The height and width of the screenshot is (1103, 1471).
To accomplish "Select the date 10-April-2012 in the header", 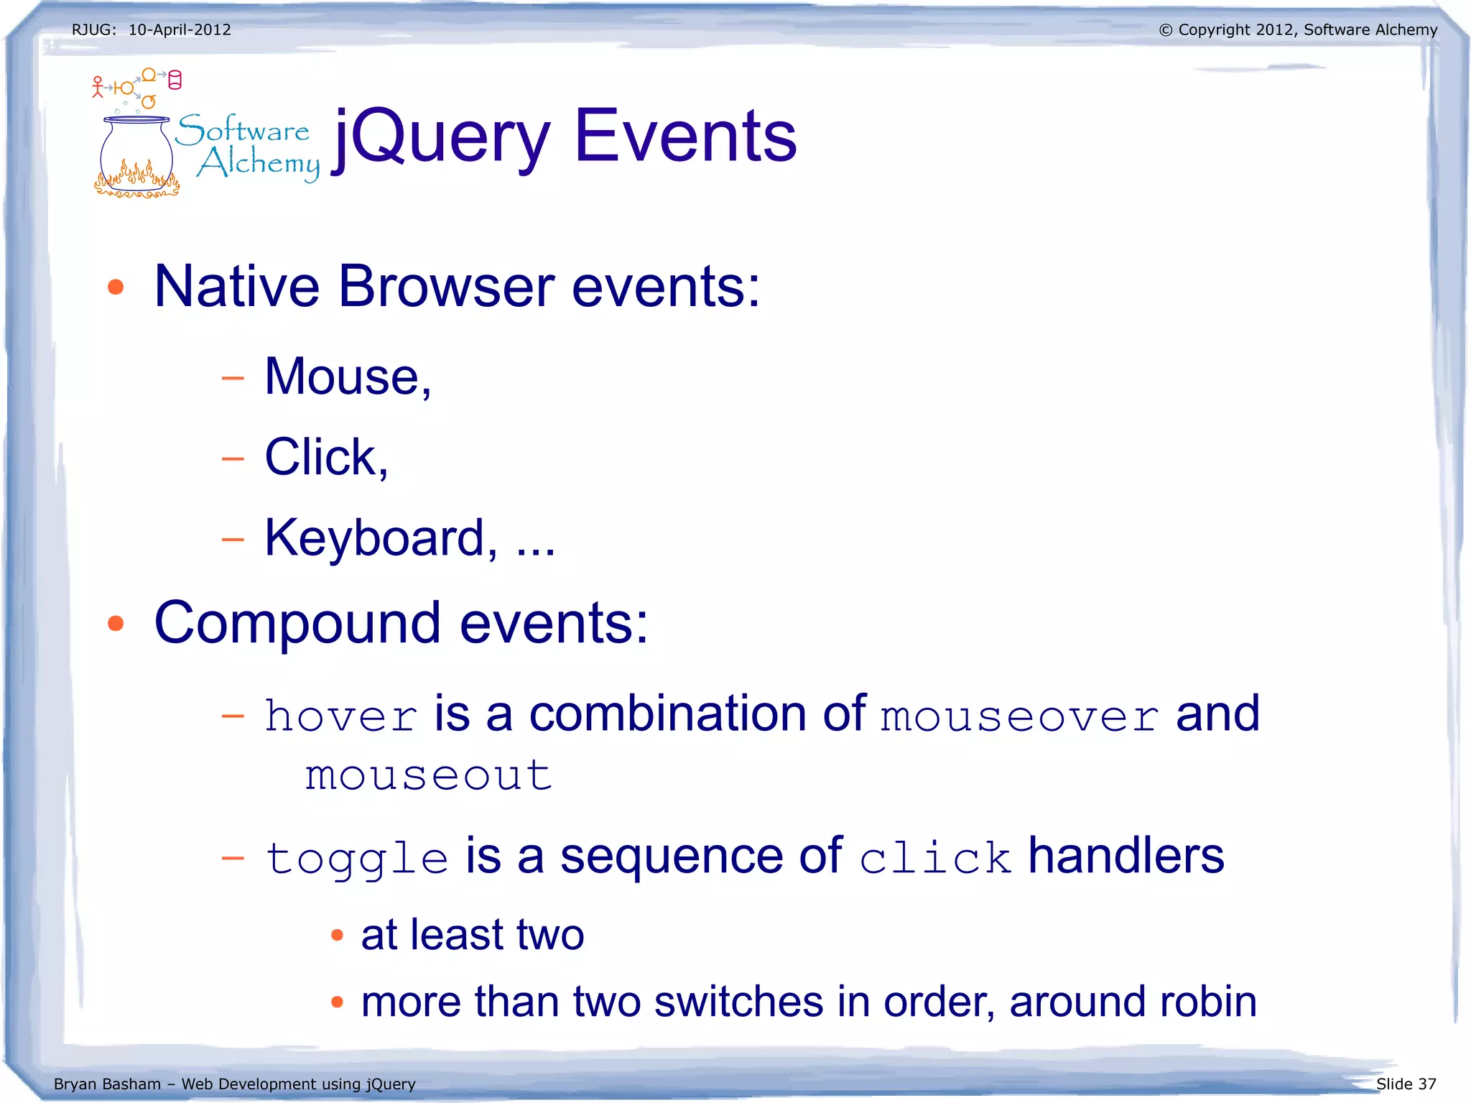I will pos(180,29).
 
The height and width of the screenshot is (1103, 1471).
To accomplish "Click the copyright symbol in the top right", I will pos(1165,30).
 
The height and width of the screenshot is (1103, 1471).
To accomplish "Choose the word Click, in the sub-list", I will pos(326,457).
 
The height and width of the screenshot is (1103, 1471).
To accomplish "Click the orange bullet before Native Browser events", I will pos(116,287).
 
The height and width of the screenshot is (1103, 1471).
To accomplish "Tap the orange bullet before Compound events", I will pos(116,623).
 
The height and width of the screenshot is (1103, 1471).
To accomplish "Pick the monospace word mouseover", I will pos(1019,717).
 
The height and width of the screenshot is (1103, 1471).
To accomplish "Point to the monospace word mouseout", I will pos(428,776).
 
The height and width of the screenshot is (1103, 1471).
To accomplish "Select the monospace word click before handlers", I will pos(934,857).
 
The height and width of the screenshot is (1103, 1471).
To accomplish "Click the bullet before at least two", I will pos(337,935).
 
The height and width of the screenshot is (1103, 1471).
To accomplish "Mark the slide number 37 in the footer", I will pos(1426,1084).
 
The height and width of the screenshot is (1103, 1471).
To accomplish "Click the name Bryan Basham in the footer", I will pos(107,1084).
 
